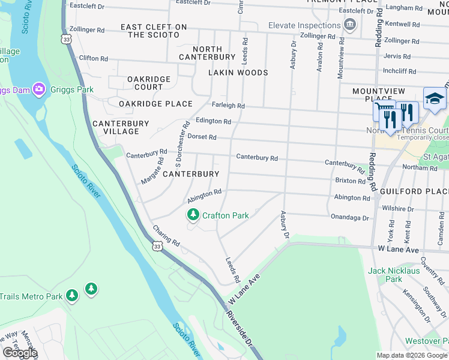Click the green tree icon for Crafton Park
[x=193, y=215]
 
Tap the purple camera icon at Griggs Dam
[x=39, y=89]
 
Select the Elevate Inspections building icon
[x=349, y=25]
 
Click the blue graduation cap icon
[x=435, y=99]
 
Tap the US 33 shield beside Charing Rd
[x=157, y=246]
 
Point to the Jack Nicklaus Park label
[x=393, y=275]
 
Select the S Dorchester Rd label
[x=181, y=144]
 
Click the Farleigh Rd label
[x=229, y=106]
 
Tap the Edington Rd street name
[x=213, y=121]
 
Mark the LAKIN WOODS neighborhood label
[x=238, y=73]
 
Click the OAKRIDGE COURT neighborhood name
[x=149, y=83]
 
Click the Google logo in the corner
[x=19, y=353]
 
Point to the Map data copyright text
[x=411, y=355]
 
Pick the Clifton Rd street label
[x=93, y=59]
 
